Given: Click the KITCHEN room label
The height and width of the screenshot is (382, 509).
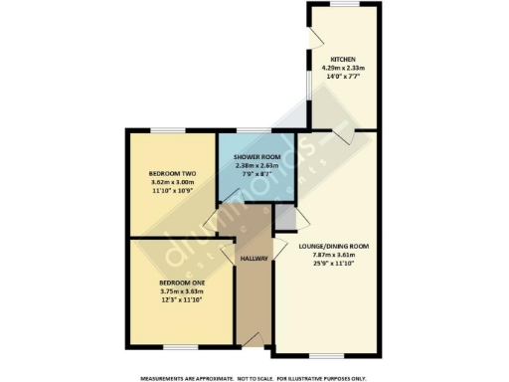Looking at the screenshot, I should pyautogui.click(x=344, y=59).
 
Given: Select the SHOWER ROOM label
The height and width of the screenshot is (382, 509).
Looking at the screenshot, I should pyautogui.click(x=256, y=158).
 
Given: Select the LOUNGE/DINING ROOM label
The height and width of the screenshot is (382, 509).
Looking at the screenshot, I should pyautogui.click(x=333, y=246).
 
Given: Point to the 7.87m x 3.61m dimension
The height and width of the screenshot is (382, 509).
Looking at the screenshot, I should pyautogui.click(x=333, y=254).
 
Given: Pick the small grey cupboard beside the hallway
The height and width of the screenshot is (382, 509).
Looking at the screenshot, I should pyautogui.click(x=284, y=215).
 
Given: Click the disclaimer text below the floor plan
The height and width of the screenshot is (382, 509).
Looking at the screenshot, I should pyautogui.click(x=254, y=378).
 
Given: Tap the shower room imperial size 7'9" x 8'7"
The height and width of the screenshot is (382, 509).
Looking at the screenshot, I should pyautogui.click(x=256, y=174).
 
